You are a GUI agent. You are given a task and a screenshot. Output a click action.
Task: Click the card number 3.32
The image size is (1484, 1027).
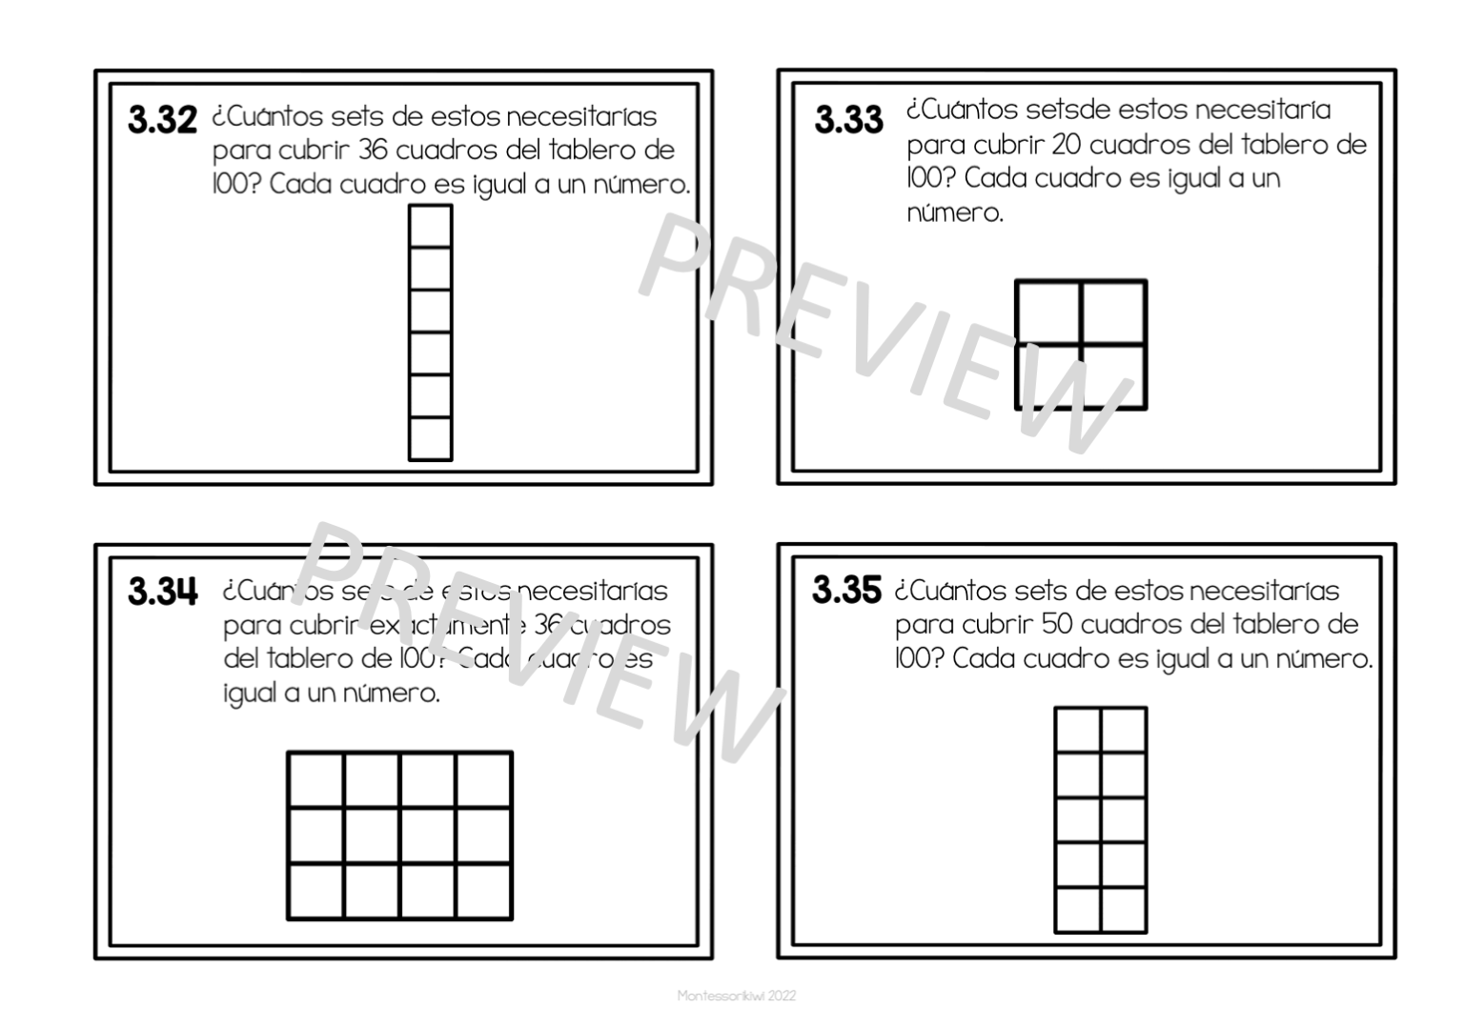point(162,121)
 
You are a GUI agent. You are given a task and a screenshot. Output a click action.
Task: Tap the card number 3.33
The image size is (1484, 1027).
point(848,121)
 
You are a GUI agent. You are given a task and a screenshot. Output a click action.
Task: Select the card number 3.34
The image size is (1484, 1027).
point(163,592)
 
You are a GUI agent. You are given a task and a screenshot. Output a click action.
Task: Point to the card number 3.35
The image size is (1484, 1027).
point(846,591)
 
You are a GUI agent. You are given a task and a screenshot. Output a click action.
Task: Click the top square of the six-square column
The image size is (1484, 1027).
point(430,227)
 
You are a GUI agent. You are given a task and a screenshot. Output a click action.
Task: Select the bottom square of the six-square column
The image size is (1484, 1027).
point(430,439)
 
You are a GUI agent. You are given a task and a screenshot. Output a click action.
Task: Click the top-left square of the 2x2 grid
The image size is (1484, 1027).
point(1048,312)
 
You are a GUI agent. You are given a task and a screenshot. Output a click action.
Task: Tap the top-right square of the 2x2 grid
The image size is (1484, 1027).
point(1113,312)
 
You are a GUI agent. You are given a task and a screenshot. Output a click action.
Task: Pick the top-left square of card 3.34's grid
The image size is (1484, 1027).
point(316,780)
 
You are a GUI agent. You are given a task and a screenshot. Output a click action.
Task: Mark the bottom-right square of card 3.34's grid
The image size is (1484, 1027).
point(484,891)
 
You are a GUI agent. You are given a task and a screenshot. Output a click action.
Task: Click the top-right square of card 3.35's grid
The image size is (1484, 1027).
point(1123,730)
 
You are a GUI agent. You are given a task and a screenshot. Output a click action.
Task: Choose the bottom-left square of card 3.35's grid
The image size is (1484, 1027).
point(1078,909)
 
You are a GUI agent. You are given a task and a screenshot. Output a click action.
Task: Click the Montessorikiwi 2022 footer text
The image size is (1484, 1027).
point(736,996)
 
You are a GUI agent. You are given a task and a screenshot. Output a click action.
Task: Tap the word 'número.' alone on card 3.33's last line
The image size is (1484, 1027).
point(954,212)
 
